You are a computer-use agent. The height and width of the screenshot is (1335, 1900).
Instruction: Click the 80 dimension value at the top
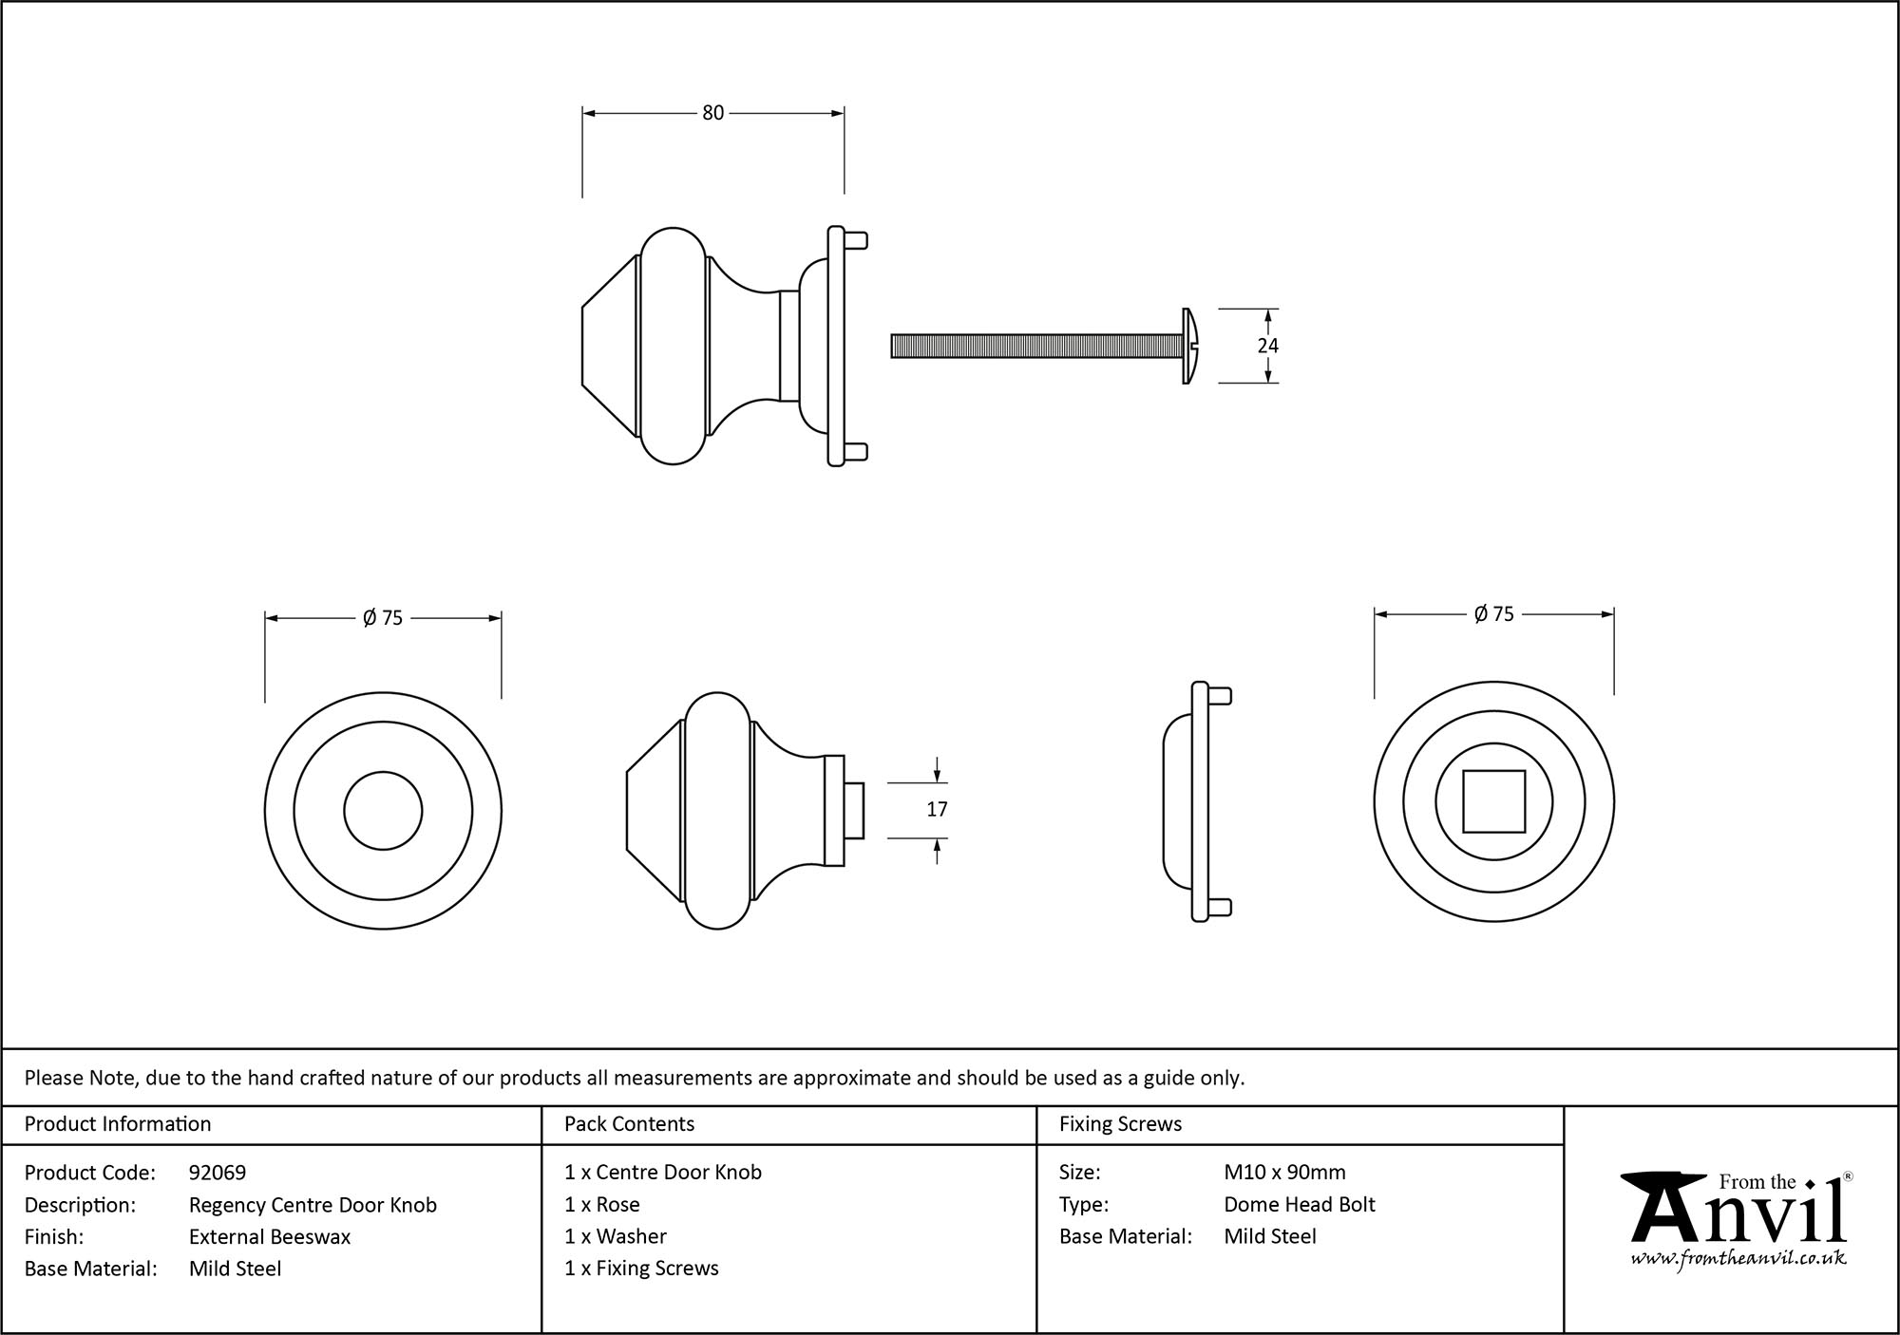[712, 113]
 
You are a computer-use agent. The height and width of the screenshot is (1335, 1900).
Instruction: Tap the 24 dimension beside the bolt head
[1267, 346]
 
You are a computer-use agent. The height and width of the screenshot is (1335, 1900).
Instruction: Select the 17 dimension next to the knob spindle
[937, 809]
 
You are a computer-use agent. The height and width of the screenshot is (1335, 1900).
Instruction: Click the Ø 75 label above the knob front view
[383, 618]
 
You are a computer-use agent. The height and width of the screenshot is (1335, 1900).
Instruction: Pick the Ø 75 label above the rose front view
[1493, 614]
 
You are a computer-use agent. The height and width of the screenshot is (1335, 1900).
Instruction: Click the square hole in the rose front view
[1493, 801]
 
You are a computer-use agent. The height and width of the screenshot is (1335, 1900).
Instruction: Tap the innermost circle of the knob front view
[383, 811]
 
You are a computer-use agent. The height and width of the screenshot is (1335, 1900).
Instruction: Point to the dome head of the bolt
[1191, 346]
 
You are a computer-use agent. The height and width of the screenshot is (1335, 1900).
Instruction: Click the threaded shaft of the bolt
[1035, 346]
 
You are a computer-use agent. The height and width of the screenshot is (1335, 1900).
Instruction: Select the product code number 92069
[218, 1173]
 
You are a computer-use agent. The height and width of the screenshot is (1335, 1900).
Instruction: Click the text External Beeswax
[270, 1236]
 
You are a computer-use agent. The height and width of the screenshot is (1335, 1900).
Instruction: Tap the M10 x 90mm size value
[1284, 1172]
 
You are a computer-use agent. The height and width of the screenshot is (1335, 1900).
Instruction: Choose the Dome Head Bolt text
[1299, 1204]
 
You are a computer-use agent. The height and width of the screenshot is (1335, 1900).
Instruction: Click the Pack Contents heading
[629, 1123]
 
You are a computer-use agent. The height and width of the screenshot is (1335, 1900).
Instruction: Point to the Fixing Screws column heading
[1120, 1123]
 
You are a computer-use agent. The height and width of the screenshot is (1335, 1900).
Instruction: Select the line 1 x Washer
[615, 1236]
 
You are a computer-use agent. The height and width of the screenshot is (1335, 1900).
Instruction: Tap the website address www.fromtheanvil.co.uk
[1738, 1259]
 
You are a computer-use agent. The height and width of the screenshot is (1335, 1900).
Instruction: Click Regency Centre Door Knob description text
[313, 1205]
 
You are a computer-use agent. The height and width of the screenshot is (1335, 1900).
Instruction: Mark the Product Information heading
[118, 1123]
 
